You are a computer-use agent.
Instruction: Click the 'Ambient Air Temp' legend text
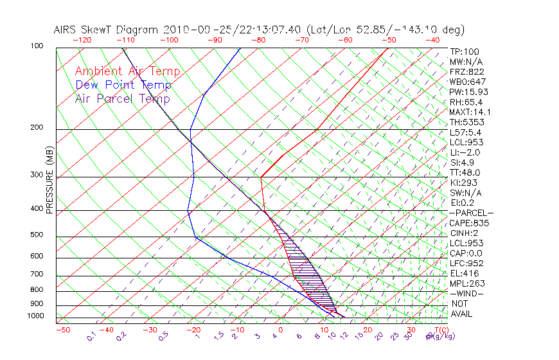click(127, 71)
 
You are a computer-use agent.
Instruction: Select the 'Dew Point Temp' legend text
click(123, 85)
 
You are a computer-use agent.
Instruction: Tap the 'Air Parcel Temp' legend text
click(122, 98)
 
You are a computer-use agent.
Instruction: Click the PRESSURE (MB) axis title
click(49, 183)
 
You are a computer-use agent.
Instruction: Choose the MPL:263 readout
click(467, 283)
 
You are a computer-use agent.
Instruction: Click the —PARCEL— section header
click(471, 213)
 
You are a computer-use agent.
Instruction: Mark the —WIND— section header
click(467, 293)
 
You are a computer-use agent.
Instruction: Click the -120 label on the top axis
click(82, 40)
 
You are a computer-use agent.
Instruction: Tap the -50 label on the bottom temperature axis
click(63, 330)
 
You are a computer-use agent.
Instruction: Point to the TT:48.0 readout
click(465, 172)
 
